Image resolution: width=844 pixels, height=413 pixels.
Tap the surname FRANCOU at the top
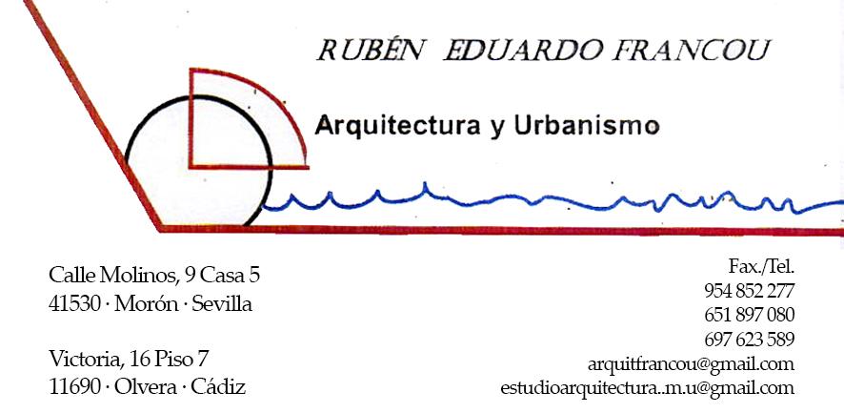tap(692, 51)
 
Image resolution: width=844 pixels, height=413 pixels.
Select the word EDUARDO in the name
tap(524, 51)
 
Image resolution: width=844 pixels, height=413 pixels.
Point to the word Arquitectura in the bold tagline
tap(397, 126)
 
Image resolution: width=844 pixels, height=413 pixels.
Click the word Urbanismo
tap(587, 125)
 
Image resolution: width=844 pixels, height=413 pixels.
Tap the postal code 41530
tap(74, 304)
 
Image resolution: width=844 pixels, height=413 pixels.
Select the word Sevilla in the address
tap(222, 304)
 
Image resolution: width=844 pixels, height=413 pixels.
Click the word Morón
tap(147, 304)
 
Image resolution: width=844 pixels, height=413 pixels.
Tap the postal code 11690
tap(74, 386)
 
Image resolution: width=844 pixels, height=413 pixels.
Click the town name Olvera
tap(146, 386)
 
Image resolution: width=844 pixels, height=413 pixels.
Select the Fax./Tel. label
tap(762, 266)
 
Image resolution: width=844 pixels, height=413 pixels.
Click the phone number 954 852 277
tap(750, 291)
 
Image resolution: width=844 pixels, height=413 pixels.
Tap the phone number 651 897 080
tap(750, 315)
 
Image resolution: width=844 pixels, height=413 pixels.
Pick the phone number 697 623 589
tap(750, 340)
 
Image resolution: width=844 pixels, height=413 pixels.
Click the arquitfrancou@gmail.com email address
tap(691, 364)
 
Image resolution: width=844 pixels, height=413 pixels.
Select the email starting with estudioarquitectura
tap(647, 388)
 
